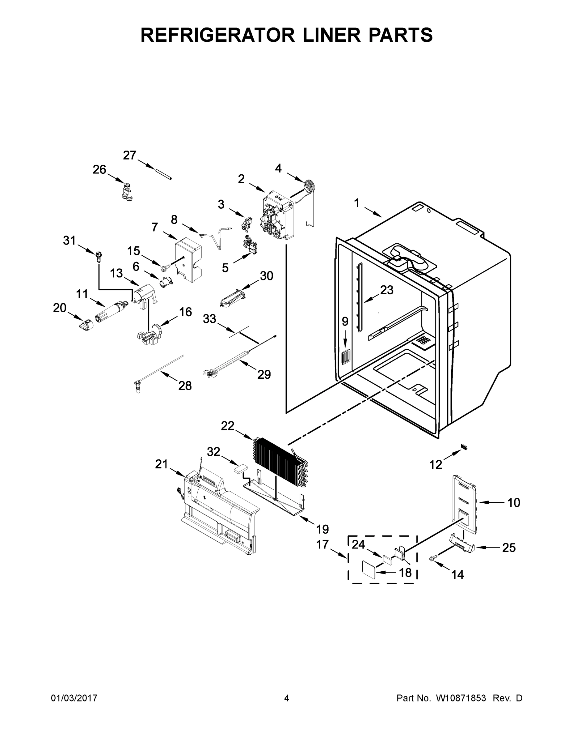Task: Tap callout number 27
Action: [129, 155]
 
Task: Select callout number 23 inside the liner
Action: [387, 290]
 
